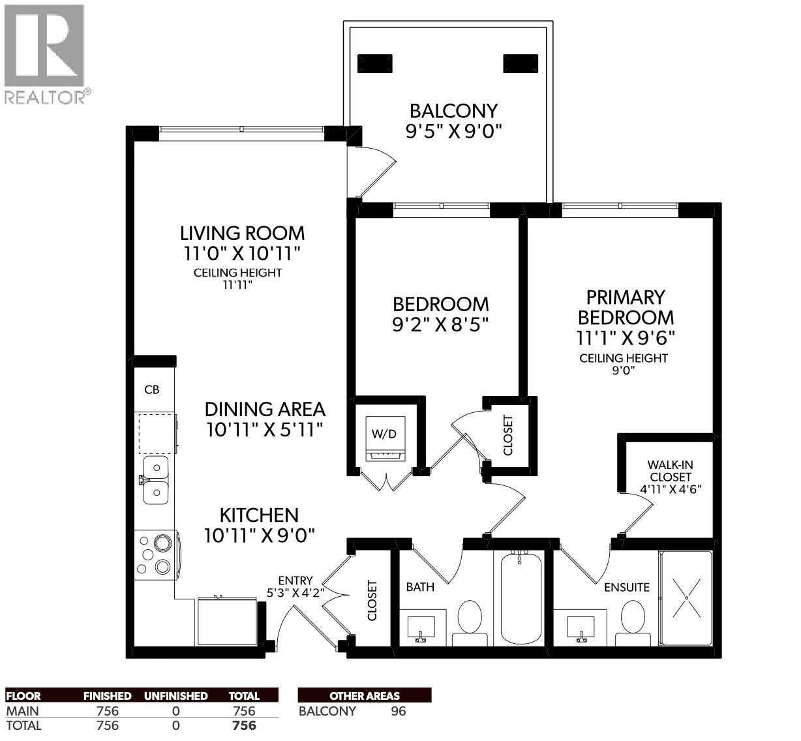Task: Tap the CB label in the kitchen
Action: (x=152, y=390)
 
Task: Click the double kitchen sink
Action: (x=156, y=479)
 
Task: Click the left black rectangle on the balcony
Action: (x=376, y=63)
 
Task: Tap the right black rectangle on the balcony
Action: (x=521, y=63)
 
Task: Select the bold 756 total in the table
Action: (x=244, y=725)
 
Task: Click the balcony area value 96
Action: (x=398, y=711)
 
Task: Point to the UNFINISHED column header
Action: (x=175, y=696)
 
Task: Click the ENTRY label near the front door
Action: (x=295, y=580)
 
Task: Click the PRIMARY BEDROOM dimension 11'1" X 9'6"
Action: (x=625, y=338)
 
